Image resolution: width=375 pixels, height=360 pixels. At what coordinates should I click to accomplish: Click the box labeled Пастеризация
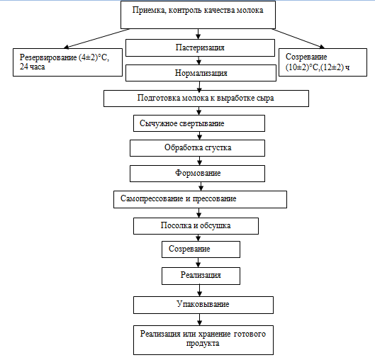(200, 47)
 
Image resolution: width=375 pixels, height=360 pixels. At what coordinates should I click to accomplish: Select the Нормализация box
(201, 73)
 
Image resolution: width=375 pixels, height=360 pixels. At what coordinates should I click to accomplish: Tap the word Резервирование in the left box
(48, 57)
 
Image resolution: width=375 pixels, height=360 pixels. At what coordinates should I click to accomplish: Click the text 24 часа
(33, 67)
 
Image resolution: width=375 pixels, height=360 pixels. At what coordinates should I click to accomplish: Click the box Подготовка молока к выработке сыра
(206, 99)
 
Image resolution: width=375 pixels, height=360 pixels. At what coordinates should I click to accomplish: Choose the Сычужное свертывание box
(199, 123)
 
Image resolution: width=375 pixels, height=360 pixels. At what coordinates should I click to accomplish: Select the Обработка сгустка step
(197, 148)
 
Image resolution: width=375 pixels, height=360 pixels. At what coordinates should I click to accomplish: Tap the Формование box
(197, 174)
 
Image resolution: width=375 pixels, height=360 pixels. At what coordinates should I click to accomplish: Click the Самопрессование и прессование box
(200, 199)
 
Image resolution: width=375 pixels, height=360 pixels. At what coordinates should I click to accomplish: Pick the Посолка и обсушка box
(196, 226)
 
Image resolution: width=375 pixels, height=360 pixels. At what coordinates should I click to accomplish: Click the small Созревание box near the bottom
(201, 249)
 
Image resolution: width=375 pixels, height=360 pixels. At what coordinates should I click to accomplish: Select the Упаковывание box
(203, 305)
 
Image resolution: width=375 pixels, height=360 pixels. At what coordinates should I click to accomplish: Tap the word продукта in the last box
(203, 344)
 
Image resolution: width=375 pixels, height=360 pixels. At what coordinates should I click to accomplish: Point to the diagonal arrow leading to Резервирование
(96, 38)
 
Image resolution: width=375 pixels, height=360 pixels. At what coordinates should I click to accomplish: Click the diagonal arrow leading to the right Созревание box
(298, 38)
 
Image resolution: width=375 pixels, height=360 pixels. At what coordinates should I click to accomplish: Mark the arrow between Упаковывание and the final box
(199, 320)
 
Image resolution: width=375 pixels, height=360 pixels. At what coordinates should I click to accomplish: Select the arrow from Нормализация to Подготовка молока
(199, 86)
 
